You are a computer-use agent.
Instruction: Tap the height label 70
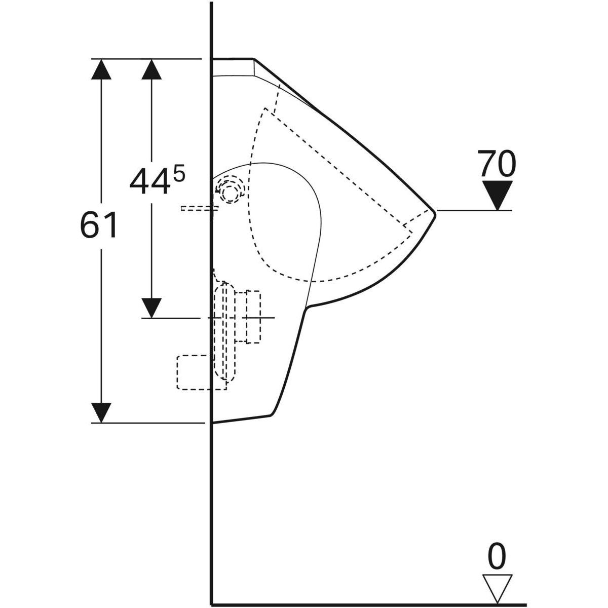click(497, 163)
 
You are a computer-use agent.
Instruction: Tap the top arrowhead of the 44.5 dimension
click(151, 69)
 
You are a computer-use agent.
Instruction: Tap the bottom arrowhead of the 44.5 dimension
click(151, 308)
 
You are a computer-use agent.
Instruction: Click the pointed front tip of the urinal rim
click(434, 210)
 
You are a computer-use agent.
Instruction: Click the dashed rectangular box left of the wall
click(195, 372)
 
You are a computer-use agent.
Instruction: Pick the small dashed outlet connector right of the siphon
click(252, 317)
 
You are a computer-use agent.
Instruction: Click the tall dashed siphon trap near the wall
click(224, 332)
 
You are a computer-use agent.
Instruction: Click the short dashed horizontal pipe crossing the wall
click(199, 208)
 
